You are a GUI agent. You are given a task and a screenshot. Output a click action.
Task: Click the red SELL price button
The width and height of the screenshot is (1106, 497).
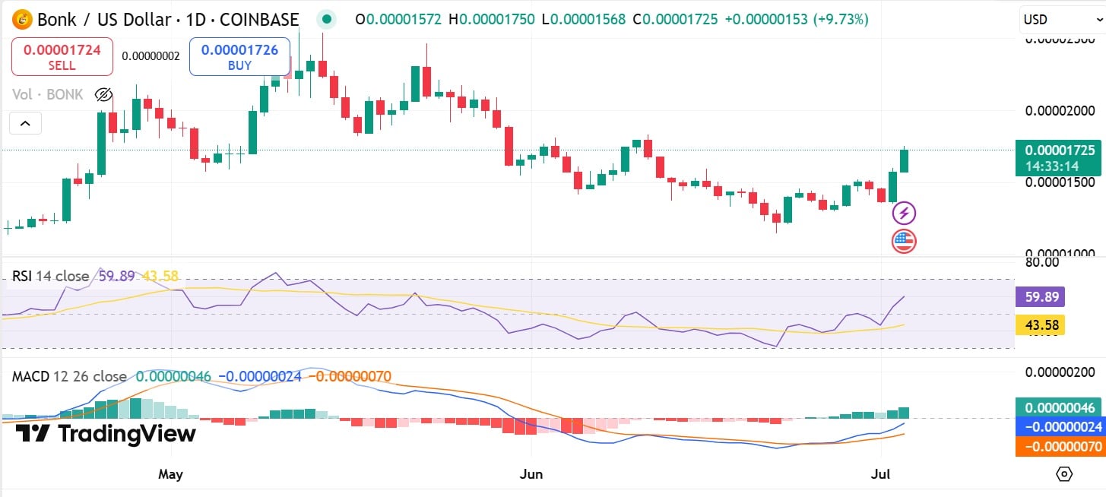tap(62, 57)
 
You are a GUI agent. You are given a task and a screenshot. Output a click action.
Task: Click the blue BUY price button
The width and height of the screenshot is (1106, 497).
tap(239, 57)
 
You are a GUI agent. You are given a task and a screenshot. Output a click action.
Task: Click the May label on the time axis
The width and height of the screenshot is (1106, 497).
tap(170, 474)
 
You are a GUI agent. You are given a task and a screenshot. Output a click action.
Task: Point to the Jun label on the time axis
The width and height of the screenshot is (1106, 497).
tap(531, 474)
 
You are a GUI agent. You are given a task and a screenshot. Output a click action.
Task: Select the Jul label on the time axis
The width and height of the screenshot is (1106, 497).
tap(880, 474)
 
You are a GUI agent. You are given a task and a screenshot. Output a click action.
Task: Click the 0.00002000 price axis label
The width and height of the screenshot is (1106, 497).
tap(1060, 111)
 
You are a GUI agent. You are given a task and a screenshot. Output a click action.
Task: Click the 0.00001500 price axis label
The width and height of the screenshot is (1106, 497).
tap(1060, 182)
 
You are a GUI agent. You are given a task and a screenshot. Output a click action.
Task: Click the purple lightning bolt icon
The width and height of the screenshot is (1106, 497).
tap(904, 214)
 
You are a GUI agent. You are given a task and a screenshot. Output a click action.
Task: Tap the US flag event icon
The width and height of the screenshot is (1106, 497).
tap(904, 242)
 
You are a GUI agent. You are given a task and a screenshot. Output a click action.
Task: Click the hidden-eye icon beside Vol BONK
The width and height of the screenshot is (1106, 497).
tap(103, 95)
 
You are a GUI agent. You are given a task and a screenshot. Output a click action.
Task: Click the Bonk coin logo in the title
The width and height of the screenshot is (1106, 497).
tap(23, 20)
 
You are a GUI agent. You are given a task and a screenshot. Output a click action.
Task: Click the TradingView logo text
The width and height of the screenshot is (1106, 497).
tap(106, 434)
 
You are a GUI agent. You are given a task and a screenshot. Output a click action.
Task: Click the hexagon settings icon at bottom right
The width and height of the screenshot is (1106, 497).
tap(1064, 474)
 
